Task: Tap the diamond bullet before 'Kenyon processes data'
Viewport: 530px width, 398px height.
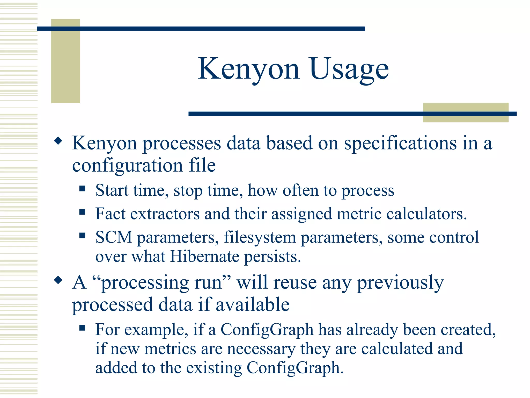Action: tap(58, 141)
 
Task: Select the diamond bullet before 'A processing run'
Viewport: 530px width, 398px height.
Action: tap(58, 280)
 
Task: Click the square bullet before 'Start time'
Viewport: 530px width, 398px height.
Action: tap(82, 188)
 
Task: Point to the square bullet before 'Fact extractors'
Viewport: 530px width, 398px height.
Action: tap(82, 212)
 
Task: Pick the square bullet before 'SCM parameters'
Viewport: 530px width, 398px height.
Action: tap(82, 235)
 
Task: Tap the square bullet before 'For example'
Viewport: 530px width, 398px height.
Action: tap(82, 328)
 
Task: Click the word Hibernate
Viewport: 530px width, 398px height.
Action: tap(204, 257)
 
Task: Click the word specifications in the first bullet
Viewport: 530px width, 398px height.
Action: tap(400, 143)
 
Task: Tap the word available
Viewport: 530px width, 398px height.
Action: tap(253, 305)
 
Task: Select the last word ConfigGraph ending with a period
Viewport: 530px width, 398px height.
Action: tap(295, 368)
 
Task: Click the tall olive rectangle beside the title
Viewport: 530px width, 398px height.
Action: tap(65, 61)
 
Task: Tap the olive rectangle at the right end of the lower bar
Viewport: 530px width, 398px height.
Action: tap(466, 112)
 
